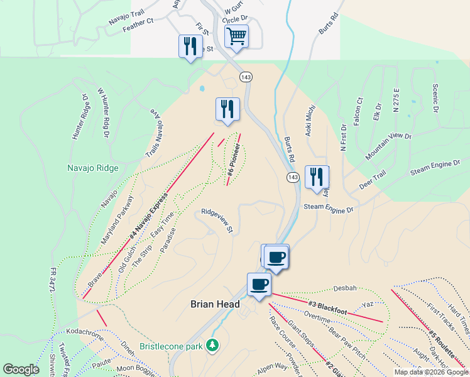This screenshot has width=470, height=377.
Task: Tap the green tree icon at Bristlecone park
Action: [x=213, y=345]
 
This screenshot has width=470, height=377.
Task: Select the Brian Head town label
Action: [x=215, y=304]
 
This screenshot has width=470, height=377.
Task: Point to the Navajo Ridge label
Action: [x=93, y=168]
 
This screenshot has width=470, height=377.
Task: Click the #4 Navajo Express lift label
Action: [x=149, y=216]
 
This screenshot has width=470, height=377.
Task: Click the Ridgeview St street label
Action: [x=217, y=221]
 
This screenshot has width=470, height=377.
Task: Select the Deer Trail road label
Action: [x=372, y=180]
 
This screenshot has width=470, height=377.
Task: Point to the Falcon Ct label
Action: [x=358, y=111]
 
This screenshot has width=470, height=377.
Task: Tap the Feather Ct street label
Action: [x=138, y=24]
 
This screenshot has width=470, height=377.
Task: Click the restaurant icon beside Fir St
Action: [x=190, y=46]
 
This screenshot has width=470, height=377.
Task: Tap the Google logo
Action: [x=21, y=369]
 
